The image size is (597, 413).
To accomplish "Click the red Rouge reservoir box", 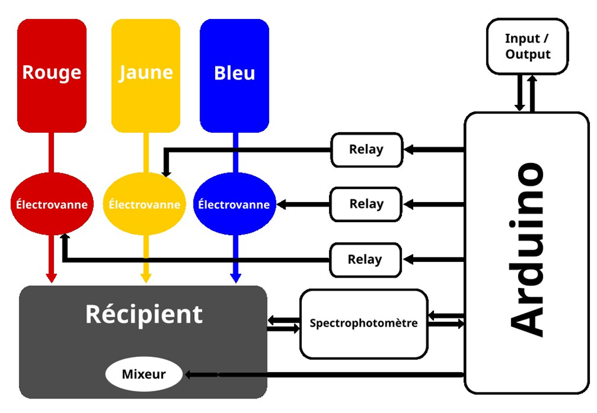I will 51,75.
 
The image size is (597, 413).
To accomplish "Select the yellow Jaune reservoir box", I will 145,75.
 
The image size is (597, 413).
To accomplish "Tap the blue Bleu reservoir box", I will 235,75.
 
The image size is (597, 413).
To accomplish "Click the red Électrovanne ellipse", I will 51,204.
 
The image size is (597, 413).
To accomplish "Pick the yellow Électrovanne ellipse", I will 145,204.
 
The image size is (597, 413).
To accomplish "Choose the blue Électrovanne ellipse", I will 234,204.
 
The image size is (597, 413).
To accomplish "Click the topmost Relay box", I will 366,149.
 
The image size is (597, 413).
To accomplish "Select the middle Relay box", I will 366,204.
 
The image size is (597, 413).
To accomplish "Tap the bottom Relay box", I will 365,259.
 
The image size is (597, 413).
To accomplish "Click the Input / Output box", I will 527,46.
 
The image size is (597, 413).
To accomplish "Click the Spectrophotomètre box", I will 364,323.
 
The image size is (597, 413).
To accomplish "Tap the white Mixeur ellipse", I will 143,375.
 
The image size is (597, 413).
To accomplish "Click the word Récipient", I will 144,314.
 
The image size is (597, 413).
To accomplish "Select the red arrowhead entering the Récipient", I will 51,278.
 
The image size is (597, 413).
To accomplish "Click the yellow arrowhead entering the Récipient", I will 145,278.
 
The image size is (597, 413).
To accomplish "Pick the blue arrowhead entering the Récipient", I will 235,278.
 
